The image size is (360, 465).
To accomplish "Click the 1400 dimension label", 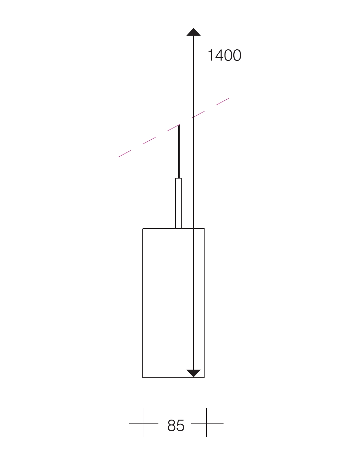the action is [x=224, y=55].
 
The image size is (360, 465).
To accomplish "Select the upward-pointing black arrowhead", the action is [x=193, y=32].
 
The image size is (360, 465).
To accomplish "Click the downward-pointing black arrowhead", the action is [x=193, y=373].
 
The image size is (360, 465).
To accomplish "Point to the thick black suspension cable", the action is [x=179, y=151].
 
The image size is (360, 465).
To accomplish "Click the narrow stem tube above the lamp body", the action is [x=178, y=203].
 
